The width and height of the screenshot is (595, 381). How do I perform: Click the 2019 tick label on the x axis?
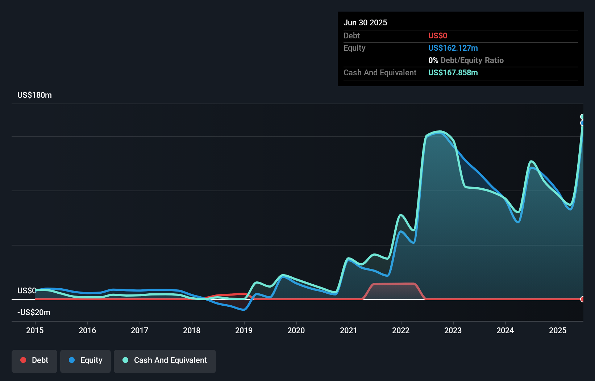point(244,330)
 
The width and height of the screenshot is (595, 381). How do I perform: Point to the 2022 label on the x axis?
point(401,330)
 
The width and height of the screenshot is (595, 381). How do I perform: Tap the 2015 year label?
point(35,330)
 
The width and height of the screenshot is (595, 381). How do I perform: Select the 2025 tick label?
point(558,330)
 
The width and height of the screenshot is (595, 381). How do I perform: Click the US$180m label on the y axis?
point(34,95)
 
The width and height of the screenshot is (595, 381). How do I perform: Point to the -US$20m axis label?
point(34,312)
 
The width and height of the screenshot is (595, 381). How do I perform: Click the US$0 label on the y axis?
point(26,290)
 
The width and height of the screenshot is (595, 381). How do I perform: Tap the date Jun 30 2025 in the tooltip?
point(365,22)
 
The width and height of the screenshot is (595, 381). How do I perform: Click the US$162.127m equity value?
point(453,48)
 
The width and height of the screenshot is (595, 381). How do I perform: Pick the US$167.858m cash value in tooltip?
point(453,72)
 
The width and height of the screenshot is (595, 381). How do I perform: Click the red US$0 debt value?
point(437,35)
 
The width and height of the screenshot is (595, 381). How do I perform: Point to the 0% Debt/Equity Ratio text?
point(466,60)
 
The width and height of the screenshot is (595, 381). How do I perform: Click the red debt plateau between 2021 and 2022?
point(393,284)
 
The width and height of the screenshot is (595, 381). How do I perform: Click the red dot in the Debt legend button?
point(23,360)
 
